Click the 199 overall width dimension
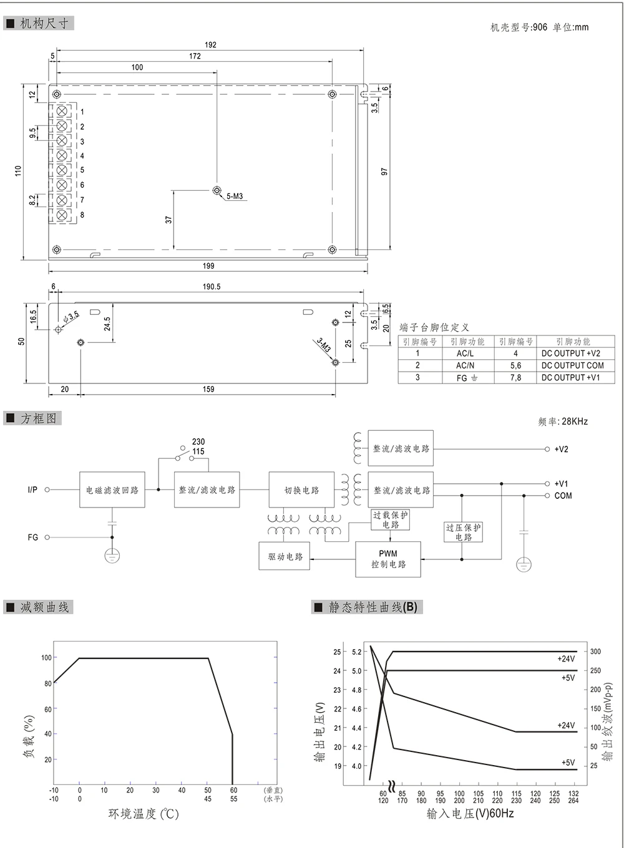[208, 266]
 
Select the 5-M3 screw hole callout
[235, 196]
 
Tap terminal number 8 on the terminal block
[82, 215]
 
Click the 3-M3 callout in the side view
[324, 345]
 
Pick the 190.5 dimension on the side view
[211, 287]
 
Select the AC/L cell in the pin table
[465, 354]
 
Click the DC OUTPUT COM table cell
[572, 365]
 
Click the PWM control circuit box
[388, 559]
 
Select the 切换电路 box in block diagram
[302, 490]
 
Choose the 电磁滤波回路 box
[112, 490]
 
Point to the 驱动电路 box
[285, 556]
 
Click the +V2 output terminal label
[561, 449]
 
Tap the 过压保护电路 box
[463, 532]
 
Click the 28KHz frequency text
[574, 422]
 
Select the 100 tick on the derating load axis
[46, 658]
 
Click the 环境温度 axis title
[143, 814]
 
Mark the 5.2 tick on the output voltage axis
[356, 652]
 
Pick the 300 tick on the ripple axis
[595, 652]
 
